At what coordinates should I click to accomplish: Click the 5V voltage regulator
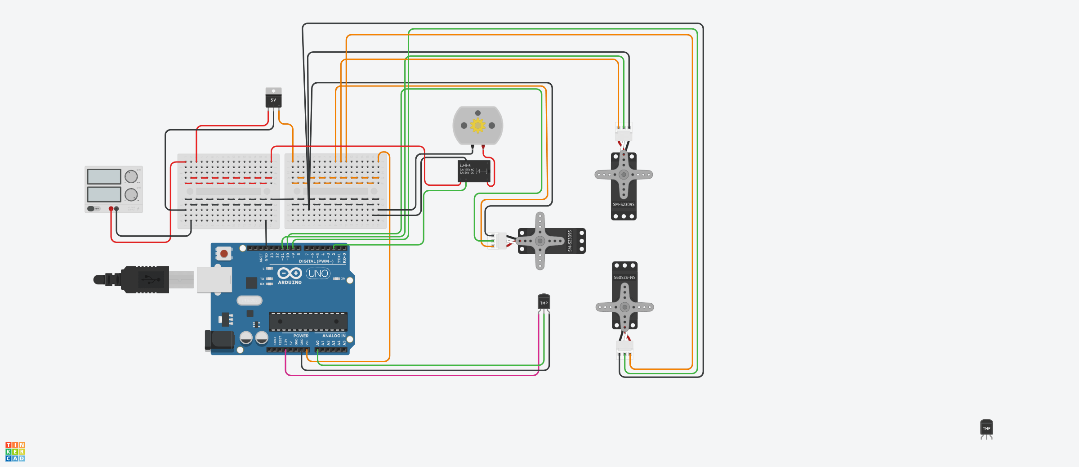tap(273, 99)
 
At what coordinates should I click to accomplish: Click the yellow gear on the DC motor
tap(478, 125)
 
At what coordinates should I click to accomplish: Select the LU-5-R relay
tap(474, 171)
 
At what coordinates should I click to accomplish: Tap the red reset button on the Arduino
tap(224, 254)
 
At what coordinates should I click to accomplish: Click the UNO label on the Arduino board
tap(318, 274)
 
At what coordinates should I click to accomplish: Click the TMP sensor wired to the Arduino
tap(544, 302)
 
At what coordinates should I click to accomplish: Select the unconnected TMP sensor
tap(986, 428)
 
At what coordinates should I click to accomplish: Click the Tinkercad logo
tap(15, 451)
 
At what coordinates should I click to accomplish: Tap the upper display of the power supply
tap(104, 176)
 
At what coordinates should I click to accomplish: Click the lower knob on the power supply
tap(131, 195)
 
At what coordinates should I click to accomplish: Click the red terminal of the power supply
tap(111, 209)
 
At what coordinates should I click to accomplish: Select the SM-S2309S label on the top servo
tap(624, 205)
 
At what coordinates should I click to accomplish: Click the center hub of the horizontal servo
tap(540, 241)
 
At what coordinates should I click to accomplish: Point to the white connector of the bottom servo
tap(624, 347)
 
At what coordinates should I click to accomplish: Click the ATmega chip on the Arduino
tap(308, 321)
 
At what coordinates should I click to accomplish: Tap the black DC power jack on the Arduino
tap(219, 340)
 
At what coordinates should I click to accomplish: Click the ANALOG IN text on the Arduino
tap(334, 336)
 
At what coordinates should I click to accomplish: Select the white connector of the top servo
tap(624, 132)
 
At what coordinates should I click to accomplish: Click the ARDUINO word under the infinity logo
tap(290, 283)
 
